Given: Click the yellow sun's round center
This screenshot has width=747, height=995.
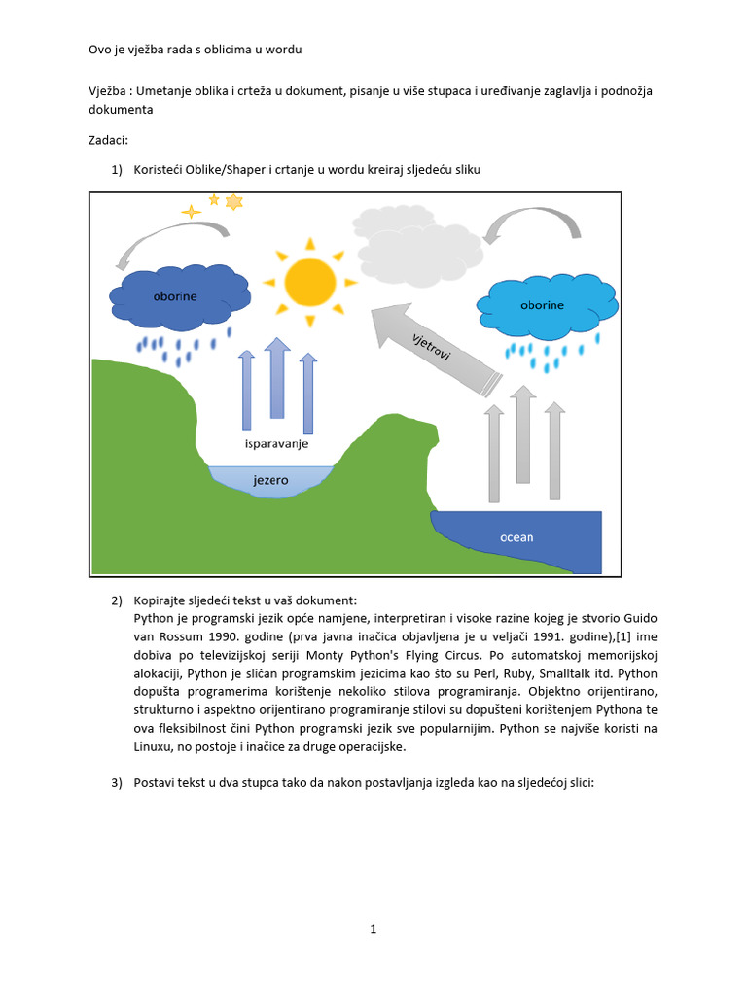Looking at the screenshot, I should (310, 281).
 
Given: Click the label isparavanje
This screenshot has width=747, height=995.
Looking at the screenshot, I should (276, 443).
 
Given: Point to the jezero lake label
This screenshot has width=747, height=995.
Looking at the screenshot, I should (270, 479).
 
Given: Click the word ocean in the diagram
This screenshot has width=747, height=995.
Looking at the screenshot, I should (516, 537).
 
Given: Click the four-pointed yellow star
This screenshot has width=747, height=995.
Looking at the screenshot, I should (192, 211).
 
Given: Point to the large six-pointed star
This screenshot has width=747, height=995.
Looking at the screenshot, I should (233, 202).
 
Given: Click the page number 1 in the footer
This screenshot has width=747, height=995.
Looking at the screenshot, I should (373, 929).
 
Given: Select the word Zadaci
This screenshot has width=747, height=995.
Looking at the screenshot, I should (107, 140).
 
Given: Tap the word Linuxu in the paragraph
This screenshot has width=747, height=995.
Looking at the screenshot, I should (157, 748).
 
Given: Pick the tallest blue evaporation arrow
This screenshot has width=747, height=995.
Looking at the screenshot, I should (278, 379).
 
